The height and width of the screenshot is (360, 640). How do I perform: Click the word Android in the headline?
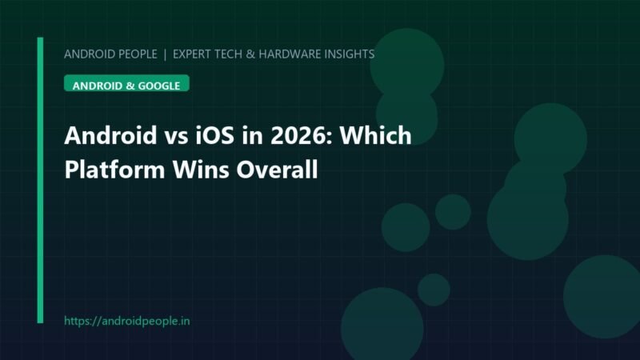110,135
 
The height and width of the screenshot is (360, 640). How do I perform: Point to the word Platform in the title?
114,169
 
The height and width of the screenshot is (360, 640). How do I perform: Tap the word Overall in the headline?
277,169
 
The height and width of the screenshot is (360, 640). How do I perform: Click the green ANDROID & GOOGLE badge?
126,83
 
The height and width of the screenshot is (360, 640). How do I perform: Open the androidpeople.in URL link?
127,322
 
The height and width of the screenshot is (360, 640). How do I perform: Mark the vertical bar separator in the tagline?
165,54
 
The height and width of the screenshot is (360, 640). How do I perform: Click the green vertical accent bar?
40,180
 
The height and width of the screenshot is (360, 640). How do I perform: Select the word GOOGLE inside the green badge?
158,86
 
